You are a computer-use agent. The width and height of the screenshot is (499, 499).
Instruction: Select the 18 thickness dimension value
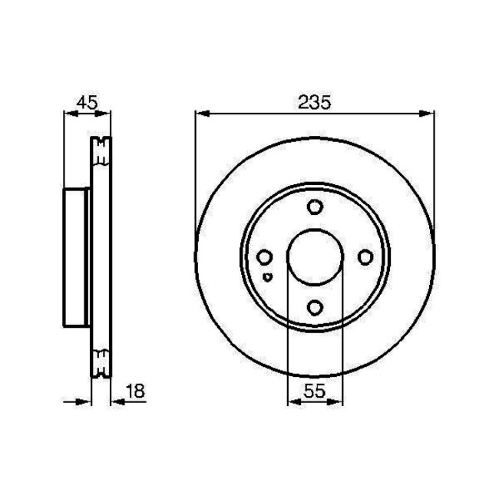pyautogui.click(x=134, y=391)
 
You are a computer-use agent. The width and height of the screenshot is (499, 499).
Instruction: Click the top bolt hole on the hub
pyautogui.click(x=315, y=207)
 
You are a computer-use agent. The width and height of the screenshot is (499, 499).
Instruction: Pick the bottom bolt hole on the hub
pyautogui.click(x=315, y=307)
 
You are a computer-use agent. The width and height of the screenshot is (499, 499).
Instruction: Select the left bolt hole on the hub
pyautogui.click(x=265, y=257)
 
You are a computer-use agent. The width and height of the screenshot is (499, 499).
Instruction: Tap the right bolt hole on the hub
pyautogui.click(x=365, y=257)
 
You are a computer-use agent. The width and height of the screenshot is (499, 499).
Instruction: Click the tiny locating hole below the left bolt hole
pyautogui.click(x=266, y=276)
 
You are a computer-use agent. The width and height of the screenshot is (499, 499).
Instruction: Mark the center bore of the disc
pyautogui.click(x=315, y=257)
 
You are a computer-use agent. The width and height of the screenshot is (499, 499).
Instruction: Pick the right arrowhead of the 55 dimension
pyautogui.click(x=337, y=401)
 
